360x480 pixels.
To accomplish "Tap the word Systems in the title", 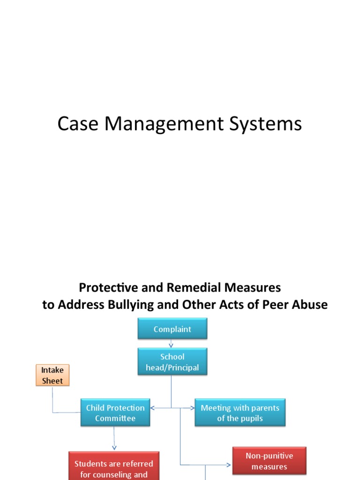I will tap(265, 124).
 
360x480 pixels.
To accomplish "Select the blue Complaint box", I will tap(172, 329).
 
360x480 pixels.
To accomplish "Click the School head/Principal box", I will tap(172, 362).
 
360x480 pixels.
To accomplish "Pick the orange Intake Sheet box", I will tap(52, 375).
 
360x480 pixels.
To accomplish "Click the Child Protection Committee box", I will tap(115, 413).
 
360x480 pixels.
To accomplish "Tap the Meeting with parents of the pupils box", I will tap(240, 413).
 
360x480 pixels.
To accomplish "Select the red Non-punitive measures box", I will tap(269, 460).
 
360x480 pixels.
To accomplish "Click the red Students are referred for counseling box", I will tap(114, 466).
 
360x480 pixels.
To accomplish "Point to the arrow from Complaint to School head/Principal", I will tap(171, 344).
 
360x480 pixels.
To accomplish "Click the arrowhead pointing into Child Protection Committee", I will tap(153, 408).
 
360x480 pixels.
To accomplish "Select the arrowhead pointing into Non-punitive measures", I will tap(229, 465).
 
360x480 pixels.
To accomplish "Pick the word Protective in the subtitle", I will tap(102, 287).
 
